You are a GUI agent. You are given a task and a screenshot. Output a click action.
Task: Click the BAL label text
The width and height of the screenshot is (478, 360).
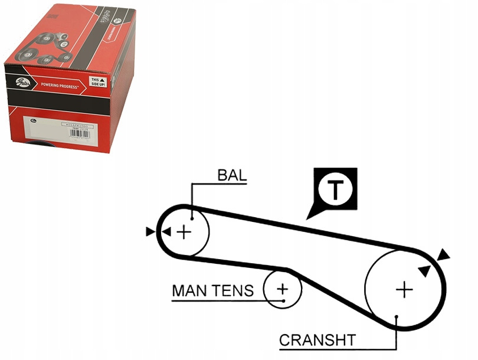232,175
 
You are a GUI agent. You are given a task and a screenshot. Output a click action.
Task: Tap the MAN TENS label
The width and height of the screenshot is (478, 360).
212,290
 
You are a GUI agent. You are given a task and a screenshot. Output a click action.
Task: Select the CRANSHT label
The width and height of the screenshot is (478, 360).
317,341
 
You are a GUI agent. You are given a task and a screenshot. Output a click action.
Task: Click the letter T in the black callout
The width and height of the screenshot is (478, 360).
335,189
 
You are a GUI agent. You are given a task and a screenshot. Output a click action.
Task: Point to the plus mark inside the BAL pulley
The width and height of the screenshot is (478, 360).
185,232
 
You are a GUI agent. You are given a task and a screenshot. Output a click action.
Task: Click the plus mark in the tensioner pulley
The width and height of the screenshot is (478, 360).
283,289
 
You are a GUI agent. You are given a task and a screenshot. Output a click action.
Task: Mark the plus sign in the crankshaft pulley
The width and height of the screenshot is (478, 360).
404,289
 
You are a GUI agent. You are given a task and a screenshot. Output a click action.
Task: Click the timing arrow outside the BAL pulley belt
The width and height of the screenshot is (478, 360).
150,232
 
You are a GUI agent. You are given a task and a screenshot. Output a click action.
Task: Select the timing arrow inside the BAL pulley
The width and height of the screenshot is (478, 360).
166,232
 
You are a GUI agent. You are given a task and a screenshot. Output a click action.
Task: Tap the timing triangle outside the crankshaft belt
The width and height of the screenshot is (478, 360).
443,254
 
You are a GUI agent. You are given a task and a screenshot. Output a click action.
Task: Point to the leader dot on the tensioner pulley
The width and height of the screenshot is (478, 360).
284,300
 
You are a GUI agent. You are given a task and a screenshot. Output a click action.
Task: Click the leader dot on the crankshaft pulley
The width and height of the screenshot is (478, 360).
397,317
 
